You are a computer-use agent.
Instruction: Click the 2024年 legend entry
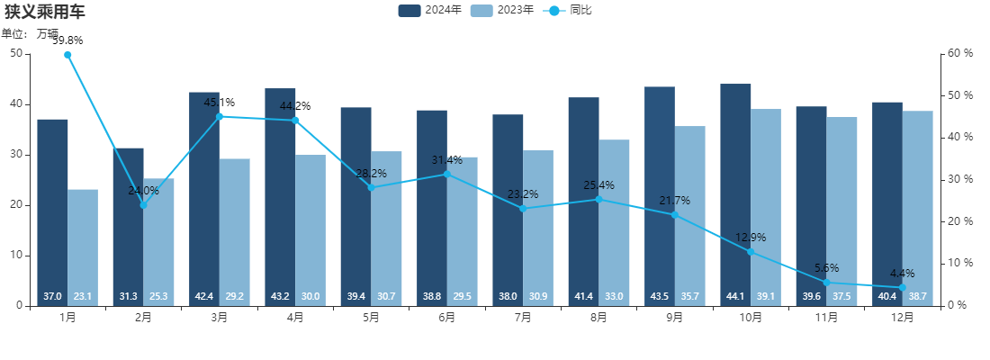click(x=430, y=10)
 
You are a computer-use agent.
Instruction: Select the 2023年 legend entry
click(x=501, y=10)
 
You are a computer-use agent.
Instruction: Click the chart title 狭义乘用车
click(x=45, y=12)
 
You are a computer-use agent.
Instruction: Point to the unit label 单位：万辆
click(x=30, y=33)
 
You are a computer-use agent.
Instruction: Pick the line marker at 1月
click(x=67, y=55)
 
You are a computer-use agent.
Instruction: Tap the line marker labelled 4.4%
click(x=902, y=288)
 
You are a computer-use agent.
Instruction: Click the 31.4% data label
click(x=446, y=160)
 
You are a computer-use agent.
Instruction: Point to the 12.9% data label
click(x=750, y=238)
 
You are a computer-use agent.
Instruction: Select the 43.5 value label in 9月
click(x=660, y=296)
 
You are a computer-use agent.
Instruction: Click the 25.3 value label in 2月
click(x=158, y=296)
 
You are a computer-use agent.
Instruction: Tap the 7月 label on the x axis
click(x=523, y=318)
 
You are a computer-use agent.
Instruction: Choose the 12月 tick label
click(x=902, y=318)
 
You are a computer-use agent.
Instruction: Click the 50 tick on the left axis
click(x=16, y=53)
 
